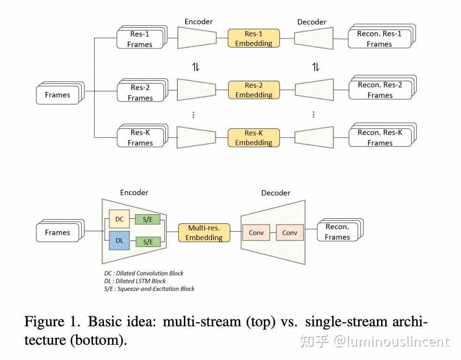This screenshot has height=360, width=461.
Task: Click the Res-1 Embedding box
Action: [254, 38]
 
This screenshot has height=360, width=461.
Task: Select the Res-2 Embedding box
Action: [254, 90]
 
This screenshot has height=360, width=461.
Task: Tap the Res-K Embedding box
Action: [254, 138]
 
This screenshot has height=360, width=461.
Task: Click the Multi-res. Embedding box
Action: [204, 233]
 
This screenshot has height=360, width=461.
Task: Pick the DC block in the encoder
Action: [119, 219]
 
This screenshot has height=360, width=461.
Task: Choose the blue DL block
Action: [119, 241]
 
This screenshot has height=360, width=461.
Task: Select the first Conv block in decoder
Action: [256, 233]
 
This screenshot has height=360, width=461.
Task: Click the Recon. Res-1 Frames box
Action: [379, 39]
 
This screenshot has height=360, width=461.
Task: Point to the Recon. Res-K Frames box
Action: [380, 138]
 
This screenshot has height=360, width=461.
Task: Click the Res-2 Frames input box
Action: [140, 92]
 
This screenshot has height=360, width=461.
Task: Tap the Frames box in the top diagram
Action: [58, 95]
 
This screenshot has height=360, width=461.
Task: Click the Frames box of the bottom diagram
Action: [58, 232]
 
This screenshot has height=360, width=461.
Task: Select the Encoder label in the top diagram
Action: [199, 22]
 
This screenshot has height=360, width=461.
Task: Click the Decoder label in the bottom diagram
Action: [276, 193]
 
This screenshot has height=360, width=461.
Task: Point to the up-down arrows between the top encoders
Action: [195, 67]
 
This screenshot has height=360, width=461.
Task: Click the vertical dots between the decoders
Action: [314, 114]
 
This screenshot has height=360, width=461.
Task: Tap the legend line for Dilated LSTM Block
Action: [135, 281]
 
